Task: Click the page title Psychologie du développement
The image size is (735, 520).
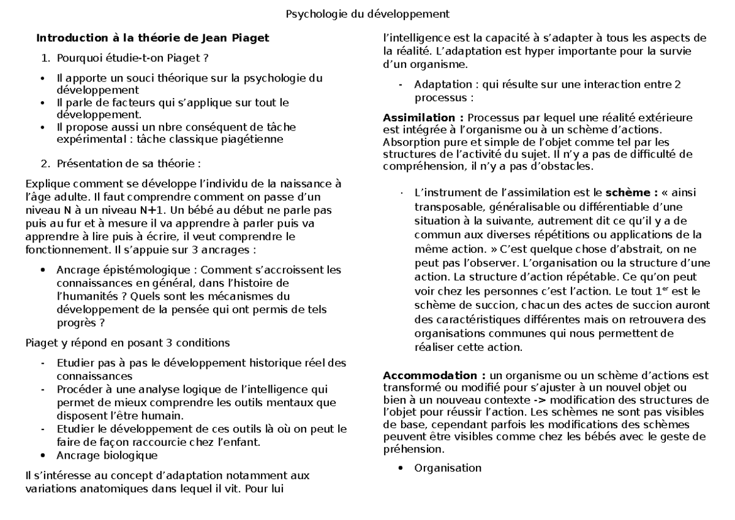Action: click(367, 13)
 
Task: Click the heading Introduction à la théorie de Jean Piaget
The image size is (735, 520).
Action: click(153, 38)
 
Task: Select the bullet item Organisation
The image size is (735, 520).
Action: click(448, 468)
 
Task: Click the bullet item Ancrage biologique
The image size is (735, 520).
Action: click(107, 455)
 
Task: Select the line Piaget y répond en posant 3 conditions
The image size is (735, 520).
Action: click(127, 342)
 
